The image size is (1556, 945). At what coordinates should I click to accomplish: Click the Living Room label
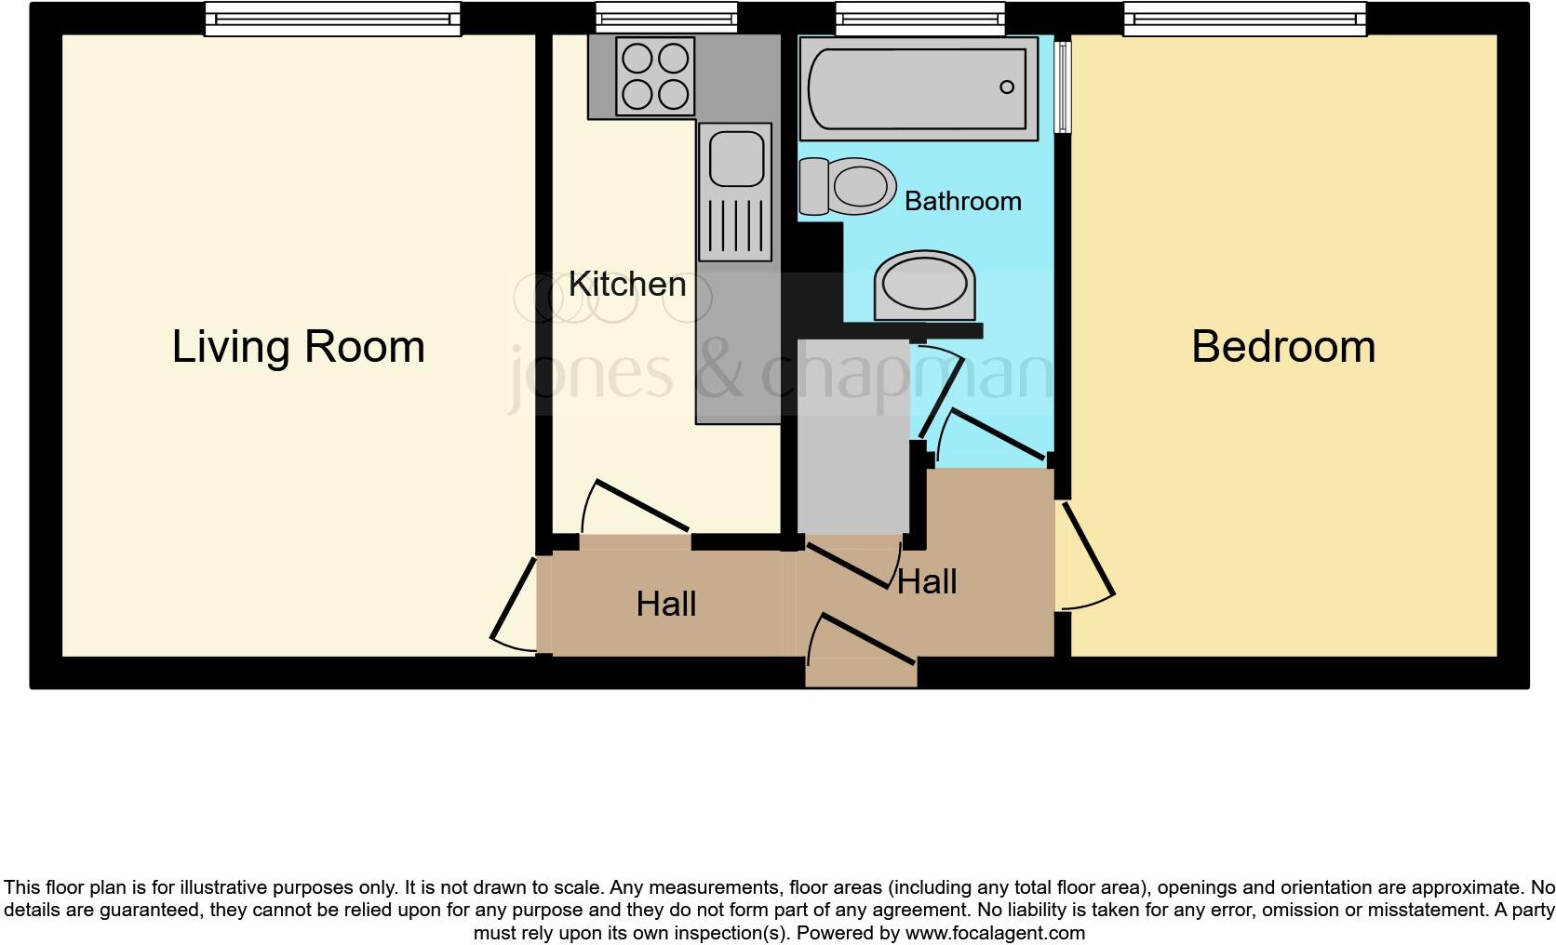[x=298, y=347]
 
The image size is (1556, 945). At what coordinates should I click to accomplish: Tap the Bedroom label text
[x=1282, y=347]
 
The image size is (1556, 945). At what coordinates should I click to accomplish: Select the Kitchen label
[x=626, y=285]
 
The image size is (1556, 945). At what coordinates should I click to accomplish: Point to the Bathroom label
[x=962, y=201]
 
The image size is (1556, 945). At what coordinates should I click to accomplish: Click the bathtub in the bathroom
[x=917, y=88]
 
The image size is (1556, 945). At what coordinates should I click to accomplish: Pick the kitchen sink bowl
[x=737, y=158]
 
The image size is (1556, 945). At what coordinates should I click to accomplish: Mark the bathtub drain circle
[x=1006, y=87]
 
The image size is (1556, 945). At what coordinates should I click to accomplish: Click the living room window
[x=332, y=19]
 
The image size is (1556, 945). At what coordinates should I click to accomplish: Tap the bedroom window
[x=1244, y=19]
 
